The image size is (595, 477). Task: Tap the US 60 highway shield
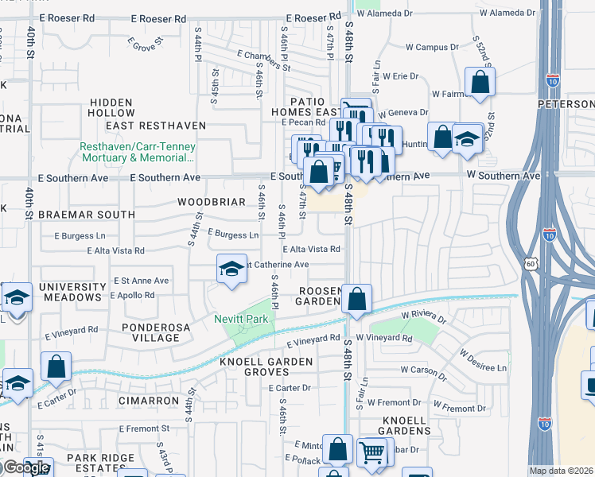(x=531, y=262)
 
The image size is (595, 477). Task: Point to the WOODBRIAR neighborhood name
(x=212, y=202)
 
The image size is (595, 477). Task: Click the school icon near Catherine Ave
(x=231, y=269)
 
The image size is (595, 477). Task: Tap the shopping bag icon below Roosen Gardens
(x=358, y=300)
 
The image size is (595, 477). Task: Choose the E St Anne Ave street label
(x=141, y=281)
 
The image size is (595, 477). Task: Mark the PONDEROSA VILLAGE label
(x=150, y=332)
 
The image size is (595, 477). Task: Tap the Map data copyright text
(x=560, y=471)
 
